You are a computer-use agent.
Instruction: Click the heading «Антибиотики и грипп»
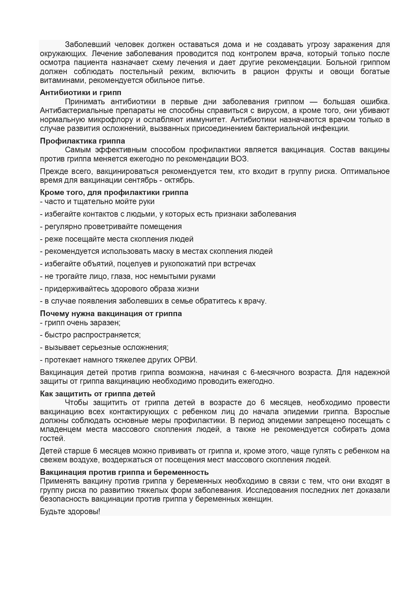click(x=81, y=92)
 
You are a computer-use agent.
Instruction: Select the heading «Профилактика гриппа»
click(x=83, y=141)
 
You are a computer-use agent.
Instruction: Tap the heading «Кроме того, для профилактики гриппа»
click(x=114, y=192)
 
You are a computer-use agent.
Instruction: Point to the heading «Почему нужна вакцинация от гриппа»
click(x=111, y=313)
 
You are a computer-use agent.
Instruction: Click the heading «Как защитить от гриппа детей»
click(x=97, y=394)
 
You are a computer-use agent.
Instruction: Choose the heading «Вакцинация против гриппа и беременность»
click(x=124, y=472)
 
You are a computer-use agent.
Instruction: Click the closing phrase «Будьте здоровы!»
click(x=70, y=511)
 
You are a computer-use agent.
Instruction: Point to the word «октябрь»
click(x=181, y=180)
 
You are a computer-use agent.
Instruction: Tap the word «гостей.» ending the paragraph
click(x=52, y=438)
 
